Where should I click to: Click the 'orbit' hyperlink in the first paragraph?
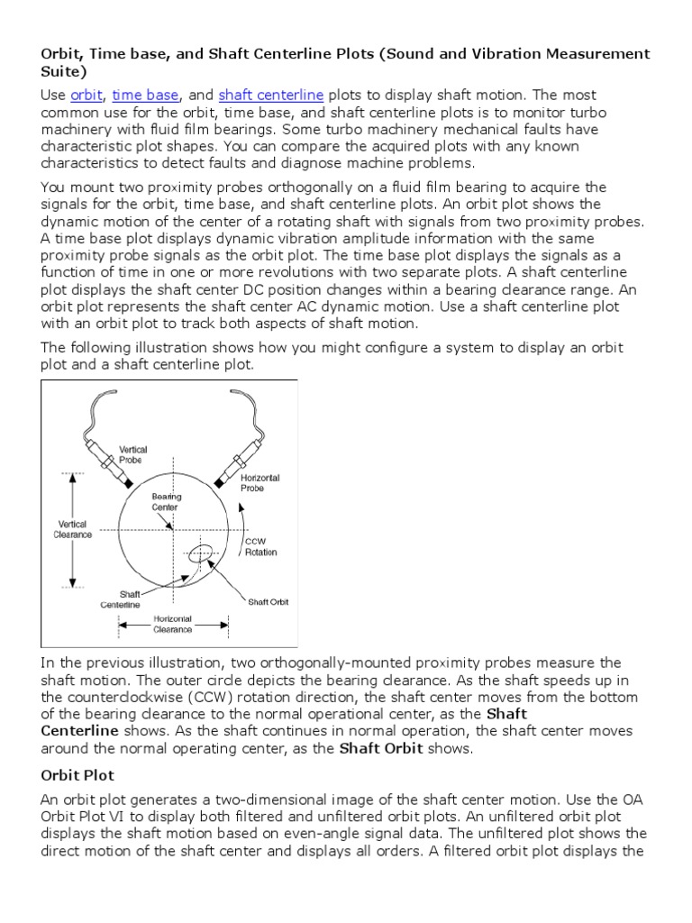click(x=87, y=96)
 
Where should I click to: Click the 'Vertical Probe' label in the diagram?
click(x=135, y=454)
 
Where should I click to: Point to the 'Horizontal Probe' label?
click(x=260, y=482)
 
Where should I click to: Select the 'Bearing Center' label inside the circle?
click(x=167, y=501)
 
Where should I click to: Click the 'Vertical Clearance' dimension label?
click(x=73, y=529)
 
